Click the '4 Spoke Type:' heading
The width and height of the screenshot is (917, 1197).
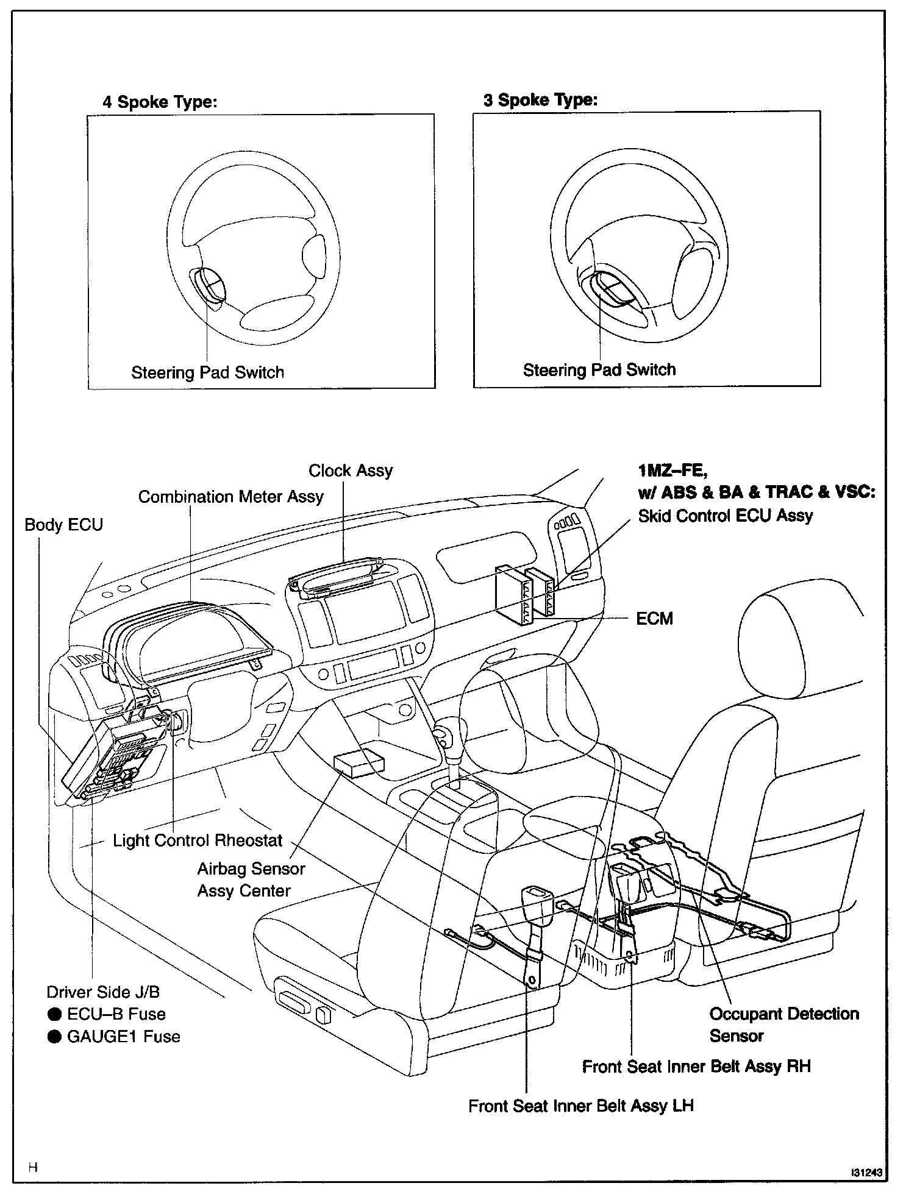click(160, 102)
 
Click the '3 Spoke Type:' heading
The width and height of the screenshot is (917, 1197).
click(540, 100)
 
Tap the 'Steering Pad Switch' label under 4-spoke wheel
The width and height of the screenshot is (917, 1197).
click(207, 372)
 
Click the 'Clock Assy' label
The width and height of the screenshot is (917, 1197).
click(351, 471)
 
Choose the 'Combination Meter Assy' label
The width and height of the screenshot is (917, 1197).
click(230, 497)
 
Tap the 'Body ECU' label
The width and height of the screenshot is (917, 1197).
click(63, 525)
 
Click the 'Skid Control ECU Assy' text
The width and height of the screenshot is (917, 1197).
click(726, 516)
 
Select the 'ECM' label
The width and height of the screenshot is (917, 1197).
click(654, 619)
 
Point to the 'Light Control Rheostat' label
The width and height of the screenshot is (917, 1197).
click(198, 840)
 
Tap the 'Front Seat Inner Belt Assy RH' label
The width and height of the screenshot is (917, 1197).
click(696, 1067)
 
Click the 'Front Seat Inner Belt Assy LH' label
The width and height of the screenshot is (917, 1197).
click(580, 1106)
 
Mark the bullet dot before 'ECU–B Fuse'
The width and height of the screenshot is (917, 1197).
click(55, 1014)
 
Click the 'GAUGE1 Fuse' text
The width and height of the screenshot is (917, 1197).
click(123, 1037)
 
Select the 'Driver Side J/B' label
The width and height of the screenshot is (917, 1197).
click(103, 992)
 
